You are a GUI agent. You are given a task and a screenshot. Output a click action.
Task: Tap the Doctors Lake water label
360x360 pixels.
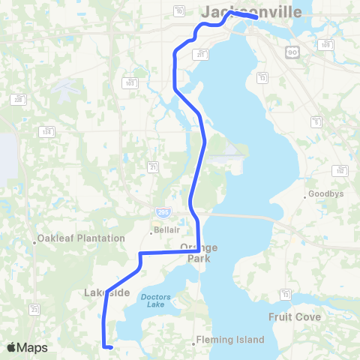pos(155,301)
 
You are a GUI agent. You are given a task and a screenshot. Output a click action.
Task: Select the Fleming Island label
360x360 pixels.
pos(230,340)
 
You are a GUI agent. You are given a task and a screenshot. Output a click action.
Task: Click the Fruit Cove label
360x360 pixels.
pos(295,317)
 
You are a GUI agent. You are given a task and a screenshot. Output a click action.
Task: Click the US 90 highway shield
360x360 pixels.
pos(292,51)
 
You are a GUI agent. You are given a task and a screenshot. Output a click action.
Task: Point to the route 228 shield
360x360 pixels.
pos(17,99)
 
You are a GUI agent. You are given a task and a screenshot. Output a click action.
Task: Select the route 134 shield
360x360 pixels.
pos(47,132)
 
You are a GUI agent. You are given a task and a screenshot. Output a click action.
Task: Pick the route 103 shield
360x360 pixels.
pos(130,82)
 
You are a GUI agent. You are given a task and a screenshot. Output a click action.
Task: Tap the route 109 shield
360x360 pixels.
pos(326,45)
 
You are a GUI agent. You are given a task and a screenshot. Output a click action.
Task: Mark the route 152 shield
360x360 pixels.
pos(340,170)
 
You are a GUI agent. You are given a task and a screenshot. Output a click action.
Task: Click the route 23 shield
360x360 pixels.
pos(34,309)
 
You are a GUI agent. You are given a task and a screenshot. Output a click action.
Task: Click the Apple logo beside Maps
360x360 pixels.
pos(12,347)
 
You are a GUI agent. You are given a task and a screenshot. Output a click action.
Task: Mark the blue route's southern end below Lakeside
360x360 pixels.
pos(110,348)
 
